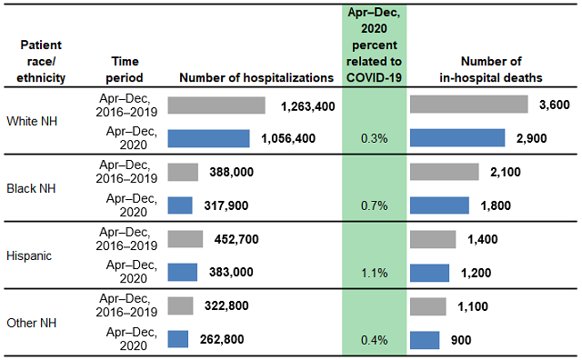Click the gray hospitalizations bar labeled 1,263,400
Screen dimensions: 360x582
tap(216, 105)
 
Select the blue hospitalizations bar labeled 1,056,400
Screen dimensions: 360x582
tap(208, 138)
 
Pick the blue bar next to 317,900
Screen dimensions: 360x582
tap(180, 205)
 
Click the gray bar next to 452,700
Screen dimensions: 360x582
tap(186, 239)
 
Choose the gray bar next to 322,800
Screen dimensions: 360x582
tap(181, 305)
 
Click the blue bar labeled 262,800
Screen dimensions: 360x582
tap(178, 339)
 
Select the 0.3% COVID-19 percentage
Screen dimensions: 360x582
tap(374, 139)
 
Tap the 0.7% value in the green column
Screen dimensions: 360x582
tap(374, 206)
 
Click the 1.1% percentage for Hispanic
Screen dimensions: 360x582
tap(374, 273)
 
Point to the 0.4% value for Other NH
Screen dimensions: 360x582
tap(374, 340)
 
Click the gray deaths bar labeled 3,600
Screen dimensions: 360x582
tap(469, 105)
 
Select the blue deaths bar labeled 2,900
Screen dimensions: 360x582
tap(457, 138)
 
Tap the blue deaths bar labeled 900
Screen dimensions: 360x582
tap(425, 339)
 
